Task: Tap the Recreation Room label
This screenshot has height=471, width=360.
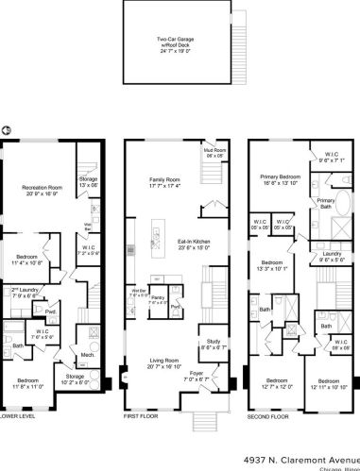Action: pos(43,190)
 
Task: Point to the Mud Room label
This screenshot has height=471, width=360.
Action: pos(214,153)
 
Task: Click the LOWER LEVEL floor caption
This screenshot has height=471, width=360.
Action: pos(19,415)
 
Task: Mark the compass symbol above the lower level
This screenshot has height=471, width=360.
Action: pos(7,129)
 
